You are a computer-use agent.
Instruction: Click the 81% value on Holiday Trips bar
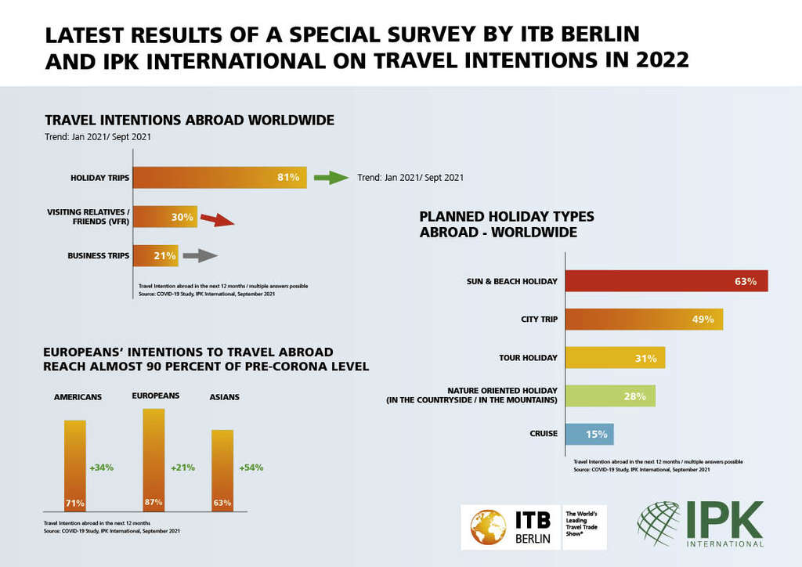[288, 178]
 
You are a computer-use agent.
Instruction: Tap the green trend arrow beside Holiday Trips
[330, 178]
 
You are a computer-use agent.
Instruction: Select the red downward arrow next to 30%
[216, 221]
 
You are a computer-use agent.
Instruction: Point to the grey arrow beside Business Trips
[200, 255]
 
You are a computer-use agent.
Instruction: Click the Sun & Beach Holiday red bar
[666, 281]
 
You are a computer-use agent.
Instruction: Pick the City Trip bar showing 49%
[643, 320]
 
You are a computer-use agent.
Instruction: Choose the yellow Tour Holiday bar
[614, 358]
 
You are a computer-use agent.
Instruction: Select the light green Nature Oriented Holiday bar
[609, 396]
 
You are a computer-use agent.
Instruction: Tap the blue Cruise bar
[588, 434]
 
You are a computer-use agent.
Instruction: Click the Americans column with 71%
[75, 466]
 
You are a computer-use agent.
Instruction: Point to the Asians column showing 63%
[222, 471]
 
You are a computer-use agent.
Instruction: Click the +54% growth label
[251, 468]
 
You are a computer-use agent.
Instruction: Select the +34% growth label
[101, 468]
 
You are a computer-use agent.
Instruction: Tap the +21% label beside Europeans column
[182, 468]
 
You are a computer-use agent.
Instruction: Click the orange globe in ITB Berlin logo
[488, 528]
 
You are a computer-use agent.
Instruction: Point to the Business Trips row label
[98, 256]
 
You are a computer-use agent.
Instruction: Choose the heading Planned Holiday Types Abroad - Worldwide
[507, 224]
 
